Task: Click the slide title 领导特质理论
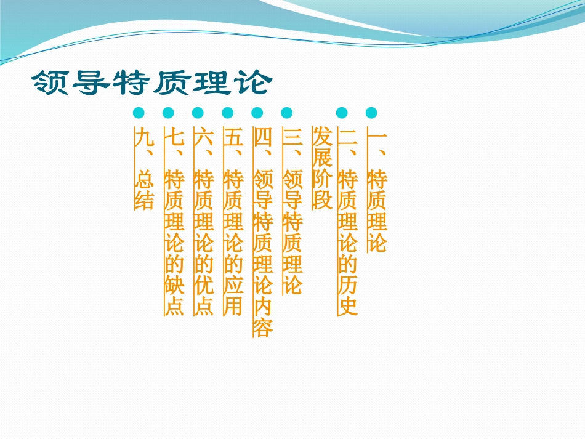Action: coord(150,83)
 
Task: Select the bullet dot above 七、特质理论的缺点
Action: coord(168,113)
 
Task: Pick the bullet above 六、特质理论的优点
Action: coord(198,113)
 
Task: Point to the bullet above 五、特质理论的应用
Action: coord(228,113)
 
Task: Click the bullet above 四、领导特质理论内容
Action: coord(257,113)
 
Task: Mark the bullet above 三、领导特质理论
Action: coord(287,113)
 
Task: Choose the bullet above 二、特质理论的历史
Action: coord(342,113)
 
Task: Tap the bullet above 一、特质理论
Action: coord(371,113)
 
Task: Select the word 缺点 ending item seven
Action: coord(174,294)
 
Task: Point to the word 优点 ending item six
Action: coord(203,294)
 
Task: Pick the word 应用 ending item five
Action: coord(233,294)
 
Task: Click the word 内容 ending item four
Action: coord(263,316)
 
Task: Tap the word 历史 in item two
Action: coord(348,294)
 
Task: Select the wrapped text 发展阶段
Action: coord(322,168)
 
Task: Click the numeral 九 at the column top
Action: coord(143,137)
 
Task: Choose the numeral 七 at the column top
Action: coord(174,137)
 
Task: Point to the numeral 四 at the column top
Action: coord(263,137)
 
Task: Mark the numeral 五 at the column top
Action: coord(233,137)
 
